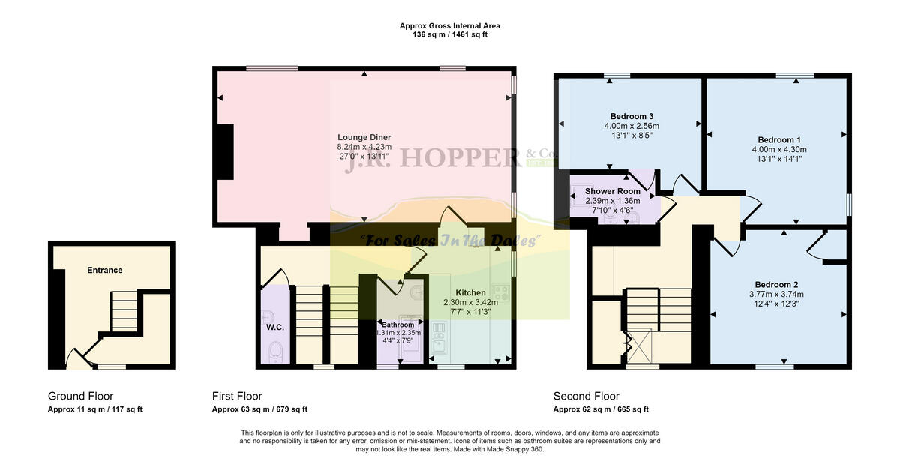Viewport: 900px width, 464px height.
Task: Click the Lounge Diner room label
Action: click(364, 137)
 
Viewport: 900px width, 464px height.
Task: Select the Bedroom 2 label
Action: click(776, 284)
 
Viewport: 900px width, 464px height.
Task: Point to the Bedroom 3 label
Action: click(631, 116)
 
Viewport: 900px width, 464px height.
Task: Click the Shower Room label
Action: click(613, 191)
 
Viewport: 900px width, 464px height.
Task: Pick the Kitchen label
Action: click(470, 292)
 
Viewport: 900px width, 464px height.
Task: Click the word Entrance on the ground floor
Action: click(104, 270)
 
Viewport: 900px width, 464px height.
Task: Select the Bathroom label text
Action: click(397, 325)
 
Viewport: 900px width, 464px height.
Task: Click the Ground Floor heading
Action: click(80, 396)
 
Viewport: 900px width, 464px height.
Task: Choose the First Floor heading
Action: click(237, 396)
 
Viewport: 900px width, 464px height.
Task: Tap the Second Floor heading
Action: click(586, 396)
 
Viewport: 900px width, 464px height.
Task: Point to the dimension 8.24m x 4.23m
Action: click(364, 148)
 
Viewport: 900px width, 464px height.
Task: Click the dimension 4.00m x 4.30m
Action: click(778, 150)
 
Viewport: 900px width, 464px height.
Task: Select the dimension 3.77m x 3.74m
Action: click(776, 294)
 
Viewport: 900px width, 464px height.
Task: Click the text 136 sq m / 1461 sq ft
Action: click(450, 35)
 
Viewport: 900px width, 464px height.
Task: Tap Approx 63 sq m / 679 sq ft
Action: click(259, 409)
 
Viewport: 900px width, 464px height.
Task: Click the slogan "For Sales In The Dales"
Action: click(450, 241)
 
